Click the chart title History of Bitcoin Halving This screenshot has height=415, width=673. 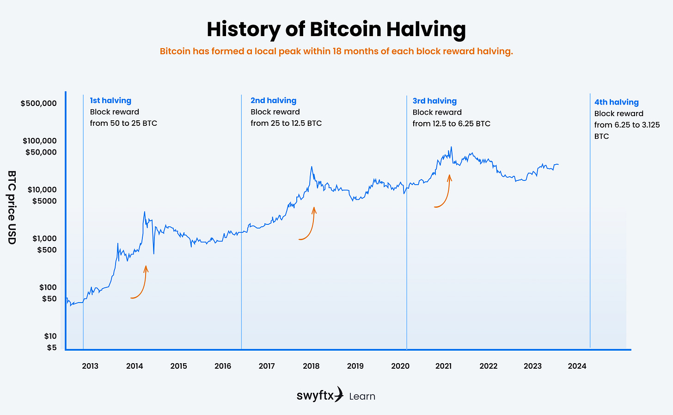[x=336, y=29]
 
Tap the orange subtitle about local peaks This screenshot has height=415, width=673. [x=336, y=51]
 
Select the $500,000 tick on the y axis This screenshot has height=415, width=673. [x=39, y=103]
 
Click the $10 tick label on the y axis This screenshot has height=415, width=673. [x=51, y=336]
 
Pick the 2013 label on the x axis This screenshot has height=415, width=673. [x=90, y=366]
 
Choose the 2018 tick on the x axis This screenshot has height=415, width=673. [x=311, y=366]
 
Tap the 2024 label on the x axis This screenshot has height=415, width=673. [x=577, y=366]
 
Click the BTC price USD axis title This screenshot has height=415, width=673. [x=12, y=207]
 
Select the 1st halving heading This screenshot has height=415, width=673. [x=110, y=100]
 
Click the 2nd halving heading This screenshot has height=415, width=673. [x=273, y=100]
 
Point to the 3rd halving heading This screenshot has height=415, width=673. [x=434, y=101]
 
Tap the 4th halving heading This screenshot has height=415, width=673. [x=616, y=102]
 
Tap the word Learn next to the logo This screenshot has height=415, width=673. [x=362, y=396]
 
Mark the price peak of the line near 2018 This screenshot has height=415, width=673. [x=312, y=167]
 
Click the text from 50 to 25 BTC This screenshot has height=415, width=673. [x=123, y=123]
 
